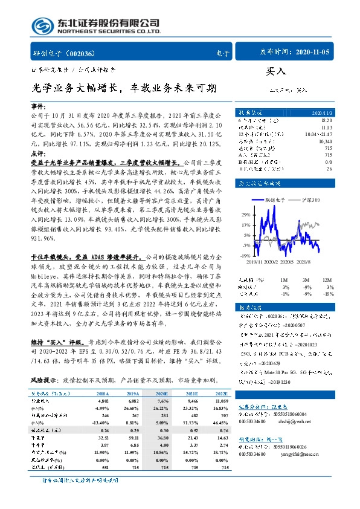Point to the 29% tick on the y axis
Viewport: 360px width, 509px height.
click(x=246, y=215)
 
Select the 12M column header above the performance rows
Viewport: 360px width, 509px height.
click(x=327, y=280)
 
